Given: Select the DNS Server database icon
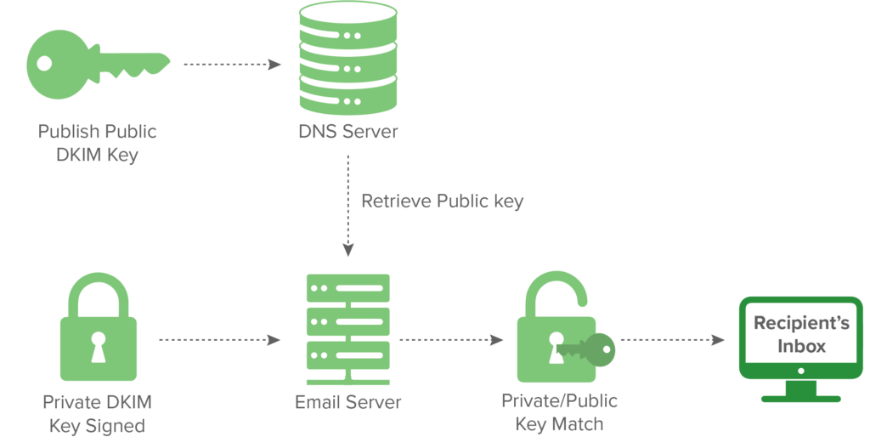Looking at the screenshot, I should point(347,58).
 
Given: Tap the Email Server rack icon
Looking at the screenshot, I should point(347,327).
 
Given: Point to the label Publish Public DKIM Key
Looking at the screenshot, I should point(97,144).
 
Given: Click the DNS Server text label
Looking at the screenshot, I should point(347,133).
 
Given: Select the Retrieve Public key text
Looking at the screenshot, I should point(442,201).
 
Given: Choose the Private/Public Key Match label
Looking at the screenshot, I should point(560,412).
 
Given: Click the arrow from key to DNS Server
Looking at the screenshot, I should point(232,65).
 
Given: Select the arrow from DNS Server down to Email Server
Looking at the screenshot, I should point(347,204).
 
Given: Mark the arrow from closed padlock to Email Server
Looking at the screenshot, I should point(219,340).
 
